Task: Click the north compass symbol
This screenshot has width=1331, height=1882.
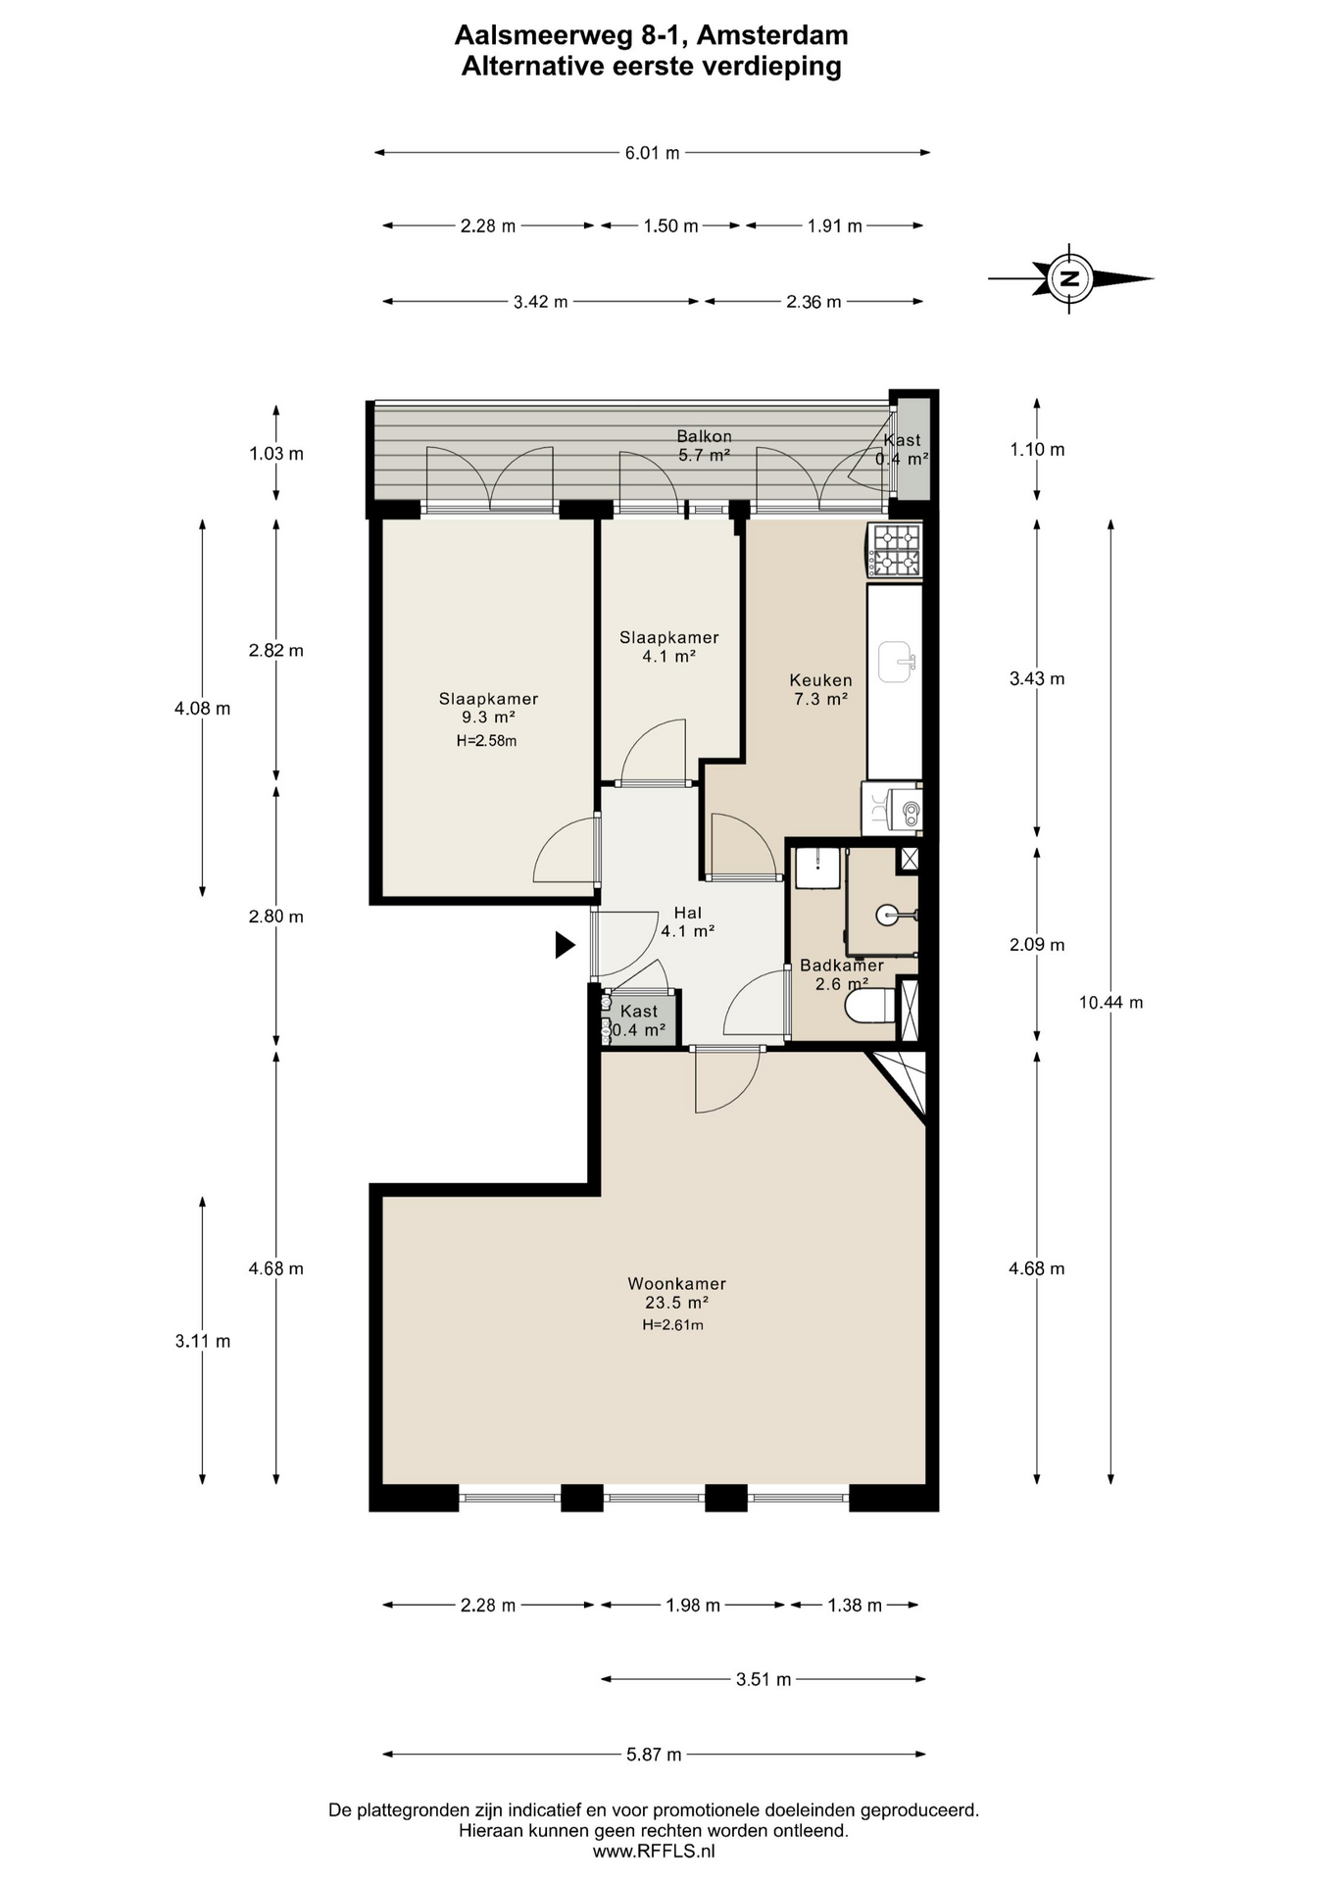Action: (1070, 278)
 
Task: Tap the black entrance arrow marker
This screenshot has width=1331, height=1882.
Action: (565, 945)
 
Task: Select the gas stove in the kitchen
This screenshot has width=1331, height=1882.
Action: (896, 550)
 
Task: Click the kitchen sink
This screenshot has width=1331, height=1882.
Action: (896, 661)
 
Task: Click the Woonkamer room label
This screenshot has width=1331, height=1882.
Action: (676, 1283)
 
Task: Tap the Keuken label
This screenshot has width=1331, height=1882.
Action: (820, 679)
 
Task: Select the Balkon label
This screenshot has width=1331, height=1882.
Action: (704, 436)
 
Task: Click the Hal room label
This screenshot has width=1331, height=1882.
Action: (687, 914)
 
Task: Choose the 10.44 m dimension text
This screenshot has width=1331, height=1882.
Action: (1110, 1002)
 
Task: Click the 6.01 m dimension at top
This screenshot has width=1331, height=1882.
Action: (652, 152)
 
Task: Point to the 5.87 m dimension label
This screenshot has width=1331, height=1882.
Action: (654, 1754)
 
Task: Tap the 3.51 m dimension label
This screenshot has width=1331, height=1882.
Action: (764, 1679)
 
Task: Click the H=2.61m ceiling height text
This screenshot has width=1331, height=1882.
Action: (672, 1324)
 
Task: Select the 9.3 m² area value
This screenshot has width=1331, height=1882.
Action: (488, 718)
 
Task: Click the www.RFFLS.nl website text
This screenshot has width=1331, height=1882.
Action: (654, 1852)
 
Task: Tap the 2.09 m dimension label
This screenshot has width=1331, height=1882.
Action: (1037, 945)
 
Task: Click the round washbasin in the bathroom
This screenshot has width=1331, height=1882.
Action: (888, 916)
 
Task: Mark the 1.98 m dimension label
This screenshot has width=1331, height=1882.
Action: (693, 1605)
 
